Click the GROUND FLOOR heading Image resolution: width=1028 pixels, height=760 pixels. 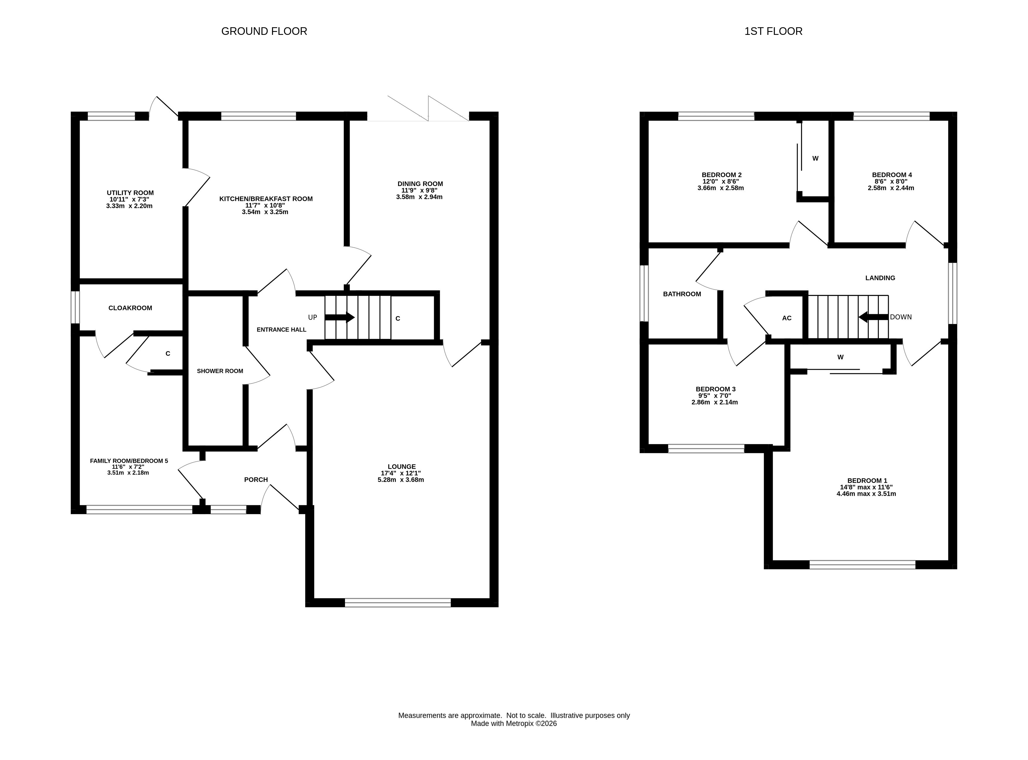pos(264,31)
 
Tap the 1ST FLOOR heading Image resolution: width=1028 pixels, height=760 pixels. pos(774,31)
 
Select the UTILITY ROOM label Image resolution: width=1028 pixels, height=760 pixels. pos(130,193)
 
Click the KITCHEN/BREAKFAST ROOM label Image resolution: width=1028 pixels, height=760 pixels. pos(266,199)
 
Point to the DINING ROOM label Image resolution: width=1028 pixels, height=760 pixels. pos(420,184)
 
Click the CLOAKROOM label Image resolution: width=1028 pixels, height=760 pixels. pos(130,308)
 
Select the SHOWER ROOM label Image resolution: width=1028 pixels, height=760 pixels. pos(220,371)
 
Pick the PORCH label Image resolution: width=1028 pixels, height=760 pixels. pos(256,479)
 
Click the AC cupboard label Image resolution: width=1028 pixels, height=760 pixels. pos(787,318)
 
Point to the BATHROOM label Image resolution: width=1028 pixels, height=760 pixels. pos(682,294)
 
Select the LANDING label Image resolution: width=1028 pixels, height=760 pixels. pos(880,278)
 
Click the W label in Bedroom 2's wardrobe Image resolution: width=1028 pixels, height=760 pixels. pos(815,158)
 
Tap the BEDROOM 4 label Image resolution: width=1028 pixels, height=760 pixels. pos(892,175)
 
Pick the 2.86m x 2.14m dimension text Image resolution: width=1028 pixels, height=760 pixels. pos(715,402)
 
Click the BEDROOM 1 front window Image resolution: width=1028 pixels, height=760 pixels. pos(862,565)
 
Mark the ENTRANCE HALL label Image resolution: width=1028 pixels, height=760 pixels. pos(282,329)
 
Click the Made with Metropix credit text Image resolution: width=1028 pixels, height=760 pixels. pos(514,723)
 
